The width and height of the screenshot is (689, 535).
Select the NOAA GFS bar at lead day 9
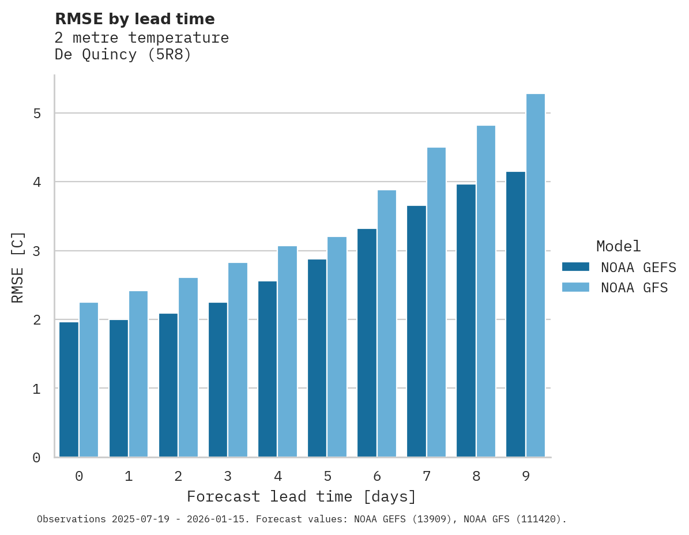click(x=536, y=276)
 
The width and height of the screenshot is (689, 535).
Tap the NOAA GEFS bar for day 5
click(x=317, y=358)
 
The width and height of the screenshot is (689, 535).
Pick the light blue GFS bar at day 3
click(x=238, y=360)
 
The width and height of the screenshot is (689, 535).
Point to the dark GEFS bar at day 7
click(x=416, y=331)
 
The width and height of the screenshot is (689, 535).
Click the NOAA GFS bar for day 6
click(x=387, y=323)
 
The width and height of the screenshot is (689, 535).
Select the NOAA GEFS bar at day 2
click(x=168, y=385)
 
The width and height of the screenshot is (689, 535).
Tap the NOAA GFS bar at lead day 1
click(x=138, y=374)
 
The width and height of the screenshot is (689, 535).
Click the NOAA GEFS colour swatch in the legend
click(x=575, y=267)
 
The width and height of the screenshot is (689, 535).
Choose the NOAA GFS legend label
click(x=634, y=288)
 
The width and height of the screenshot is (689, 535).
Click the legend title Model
click(x=618, y=246)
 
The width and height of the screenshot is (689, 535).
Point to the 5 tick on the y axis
click(x=37, y=113)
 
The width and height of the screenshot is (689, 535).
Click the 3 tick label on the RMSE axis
click(x=37, y=251)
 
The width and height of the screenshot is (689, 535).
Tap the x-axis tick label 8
click(x=476, y=476)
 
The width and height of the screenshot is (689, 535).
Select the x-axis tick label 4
click(x=278, y=476)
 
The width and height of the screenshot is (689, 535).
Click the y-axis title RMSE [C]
click(x=18, y=267)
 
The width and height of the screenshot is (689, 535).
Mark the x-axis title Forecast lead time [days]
click(x=302, y=496)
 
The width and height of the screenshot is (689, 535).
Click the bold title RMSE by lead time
click(x=135, y=19)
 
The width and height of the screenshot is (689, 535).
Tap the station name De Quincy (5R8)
click(x=123, y=55)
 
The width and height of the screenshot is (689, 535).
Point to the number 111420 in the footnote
click(x=539, y=519)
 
